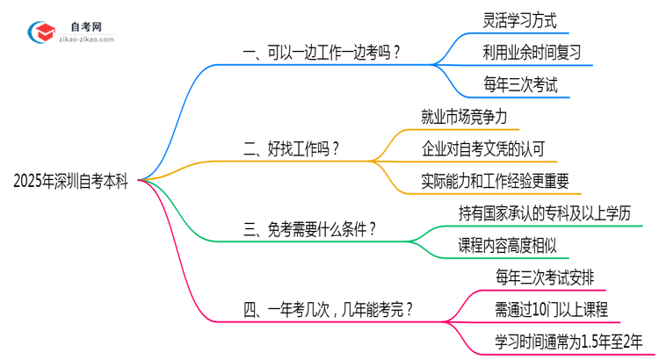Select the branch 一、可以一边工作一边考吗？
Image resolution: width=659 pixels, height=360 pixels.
coord(322,53)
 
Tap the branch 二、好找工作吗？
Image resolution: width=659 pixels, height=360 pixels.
coord(291,149)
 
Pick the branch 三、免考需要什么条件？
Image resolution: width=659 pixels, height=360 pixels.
coord(310,229)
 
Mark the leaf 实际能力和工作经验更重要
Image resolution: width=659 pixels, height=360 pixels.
coord(496,181)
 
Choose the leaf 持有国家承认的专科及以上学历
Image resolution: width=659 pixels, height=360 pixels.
coord(544,212)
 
